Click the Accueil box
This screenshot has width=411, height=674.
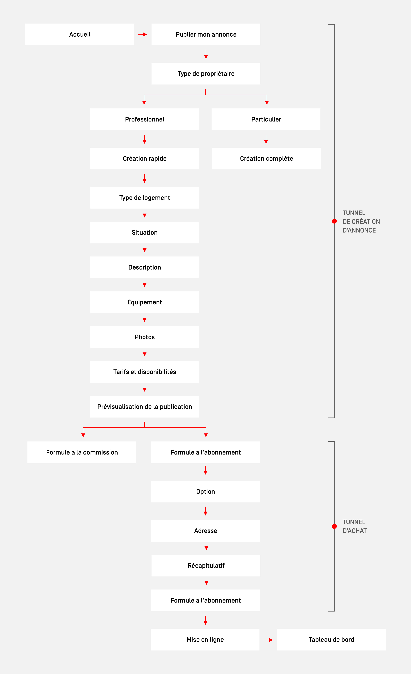tap(80, 35)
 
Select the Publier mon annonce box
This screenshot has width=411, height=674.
tap(206, 35)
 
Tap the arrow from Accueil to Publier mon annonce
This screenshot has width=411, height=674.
tap(143, 35)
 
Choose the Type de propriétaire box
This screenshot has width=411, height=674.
tap(206, 74)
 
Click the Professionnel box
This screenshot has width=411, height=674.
tap(145, 119)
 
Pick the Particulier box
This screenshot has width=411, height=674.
tap(266, 119)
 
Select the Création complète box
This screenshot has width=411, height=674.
tap(266, 158)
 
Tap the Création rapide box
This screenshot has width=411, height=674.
tap(145, 158)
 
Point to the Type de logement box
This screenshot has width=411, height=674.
tap(145, 198)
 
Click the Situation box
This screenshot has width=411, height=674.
tap(145, 233)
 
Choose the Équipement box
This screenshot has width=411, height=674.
tap(145, 302)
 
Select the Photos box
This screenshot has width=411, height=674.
tap(145, 337)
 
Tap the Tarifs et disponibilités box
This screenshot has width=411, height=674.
tap(145, 372)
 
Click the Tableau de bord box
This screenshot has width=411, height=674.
tap(331, 639)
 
